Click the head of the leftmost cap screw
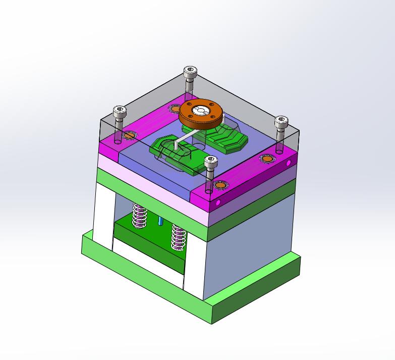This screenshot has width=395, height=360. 119,111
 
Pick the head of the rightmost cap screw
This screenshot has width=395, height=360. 281,121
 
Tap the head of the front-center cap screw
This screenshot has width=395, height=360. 211,161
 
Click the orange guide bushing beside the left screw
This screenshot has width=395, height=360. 130,135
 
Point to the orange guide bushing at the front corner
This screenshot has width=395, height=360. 220,186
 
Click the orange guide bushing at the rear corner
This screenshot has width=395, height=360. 175,108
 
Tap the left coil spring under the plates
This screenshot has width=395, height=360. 139,215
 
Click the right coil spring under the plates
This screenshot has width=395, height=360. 178,236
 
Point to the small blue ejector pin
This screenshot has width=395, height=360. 160,222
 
